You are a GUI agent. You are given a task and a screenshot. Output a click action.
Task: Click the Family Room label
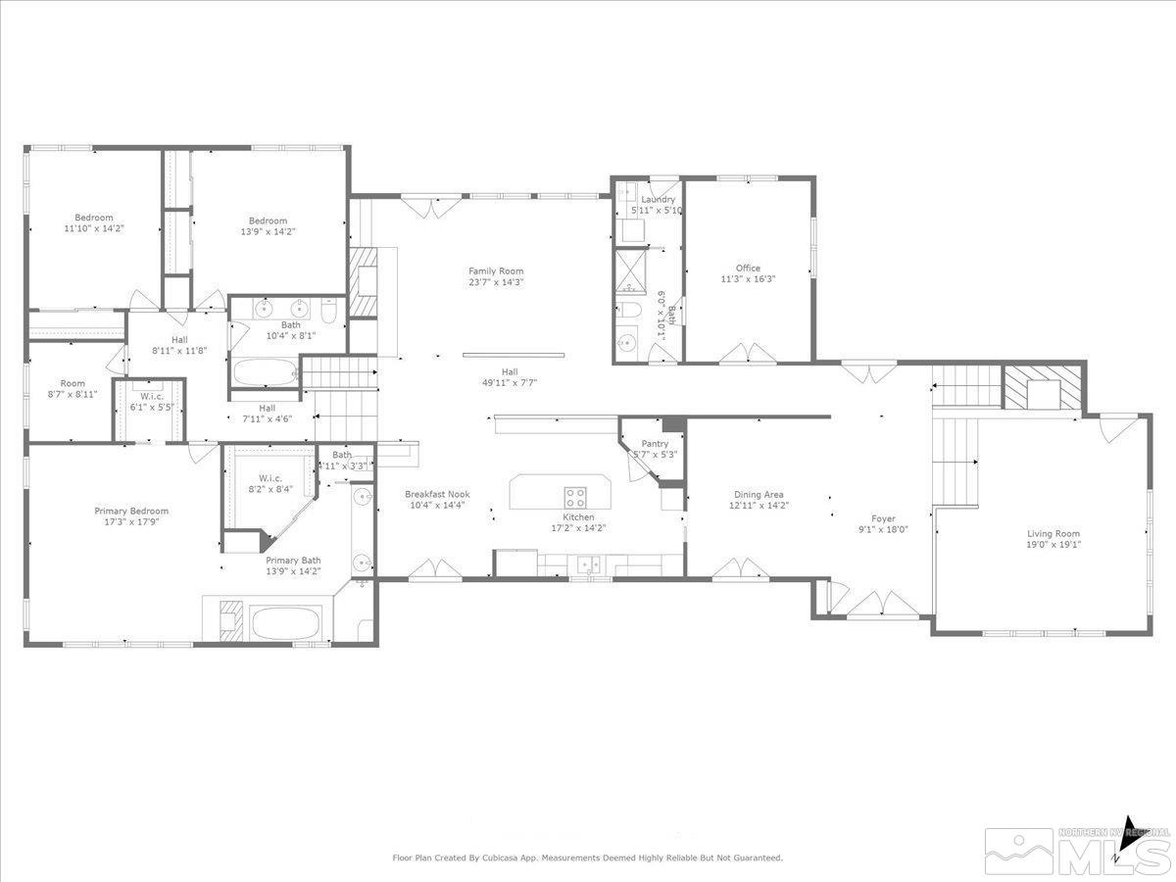coord(496,271)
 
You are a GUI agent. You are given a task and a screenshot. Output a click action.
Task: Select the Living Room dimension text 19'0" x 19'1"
coord(1053,545)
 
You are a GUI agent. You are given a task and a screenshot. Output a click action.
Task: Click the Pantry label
coord(655,444)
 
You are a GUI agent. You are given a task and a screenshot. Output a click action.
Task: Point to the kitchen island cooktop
coord(575,495)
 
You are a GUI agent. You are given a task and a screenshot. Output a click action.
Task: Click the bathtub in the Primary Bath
coord(285,623)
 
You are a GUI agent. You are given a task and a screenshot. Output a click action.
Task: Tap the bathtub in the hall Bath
coord(265,373)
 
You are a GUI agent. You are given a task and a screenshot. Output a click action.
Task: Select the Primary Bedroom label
coord(131,511)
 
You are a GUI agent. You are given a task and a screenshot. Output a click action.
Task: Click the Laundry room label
coord(659,199)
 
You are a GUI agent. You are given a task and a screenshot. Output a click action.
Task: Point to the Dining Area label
coord(759,495)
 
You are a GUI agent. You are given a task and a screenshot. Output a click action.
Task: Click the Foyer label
coord(884,519)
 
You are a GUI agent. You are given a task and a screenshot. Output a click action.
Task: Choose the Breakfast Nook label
coord(437,495)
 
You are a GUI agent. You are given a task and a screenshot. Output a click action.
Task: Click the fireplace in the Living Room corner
coord(1043,387)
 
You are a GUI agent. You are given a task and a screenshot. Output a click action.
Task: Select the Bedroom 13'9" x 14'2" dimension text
coord(268,232)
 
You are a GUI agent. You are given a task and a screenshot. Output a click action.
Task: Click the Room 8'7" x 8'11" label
coord(73,383)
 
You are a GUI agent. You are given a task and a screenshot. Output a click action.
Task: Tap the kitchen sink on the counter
coord(589,564)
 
